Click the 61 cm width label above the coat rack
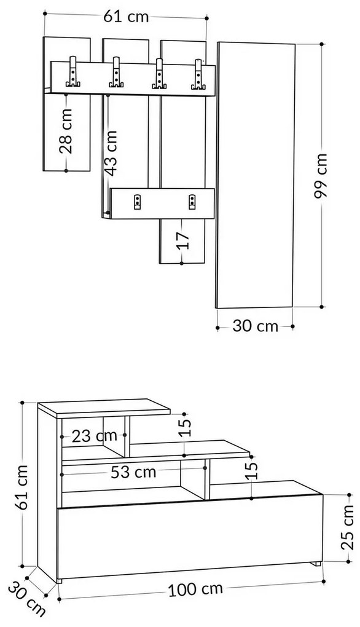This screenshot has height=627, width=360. (126, 17)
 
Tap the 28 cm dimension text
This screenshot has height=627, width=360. (66, 130)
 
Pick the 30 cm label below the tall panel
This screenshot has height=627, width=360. (255, 326)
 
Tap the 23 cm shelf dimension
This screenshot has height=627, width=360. (94, 436)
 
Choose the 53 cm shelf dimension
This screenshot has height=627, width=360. (134, 472)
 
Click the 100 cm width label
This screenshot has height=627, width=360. (195, 590)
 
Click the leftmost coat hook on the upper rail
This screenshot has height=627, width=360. (73, 74)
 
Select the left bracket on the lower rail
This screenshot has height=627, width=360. (136, 200)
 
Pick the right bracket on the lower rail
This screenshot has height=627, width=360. (192, 200)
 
